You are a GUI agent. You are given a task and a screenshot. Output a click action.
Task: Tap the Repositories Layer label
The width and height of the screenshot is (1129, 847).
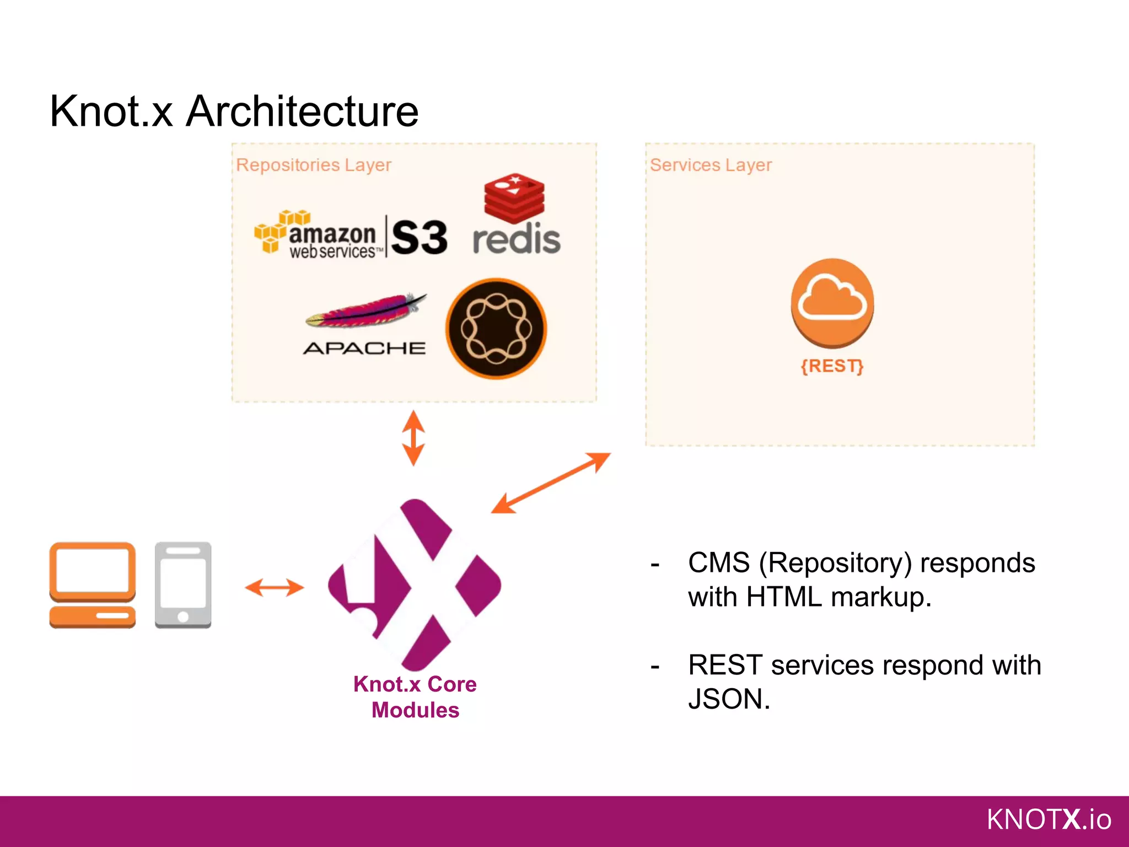pos(313,165)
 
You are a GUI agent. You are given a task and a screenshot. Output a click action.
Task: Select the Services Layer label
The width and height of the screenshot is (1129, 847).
pos(711,165)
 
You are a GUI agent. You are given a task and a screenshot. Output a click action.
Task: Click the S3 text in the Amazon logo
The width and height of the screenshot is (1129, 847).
pos(419,238)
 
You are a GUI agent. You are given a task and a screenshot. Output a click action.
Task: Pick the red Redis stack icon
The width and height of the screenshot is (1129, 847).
pos(514,198)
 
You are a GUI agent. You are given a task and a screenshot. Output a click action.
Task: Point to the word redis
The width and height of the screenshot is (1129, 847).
pos(517,240)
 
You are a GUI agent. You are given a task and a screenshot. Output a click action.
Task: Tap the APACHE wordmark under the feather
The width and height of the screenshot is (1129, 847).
pos(364,349)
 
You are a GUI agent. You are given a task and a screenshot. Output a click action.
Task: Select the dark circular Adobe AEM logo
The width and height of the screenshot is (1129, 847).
pos(496,329)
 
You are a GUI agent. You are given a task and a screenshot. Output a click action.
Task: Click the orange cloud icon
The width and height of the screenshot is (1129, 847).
pos(832,303)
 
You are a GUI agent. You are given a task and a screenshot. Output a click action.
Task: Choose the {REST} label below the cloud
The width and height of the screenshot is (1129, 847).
pos(832,366)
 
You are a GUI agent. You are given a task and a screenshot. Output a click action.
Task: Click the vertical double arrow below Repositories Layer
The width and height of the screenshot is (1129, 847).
pos(413,438)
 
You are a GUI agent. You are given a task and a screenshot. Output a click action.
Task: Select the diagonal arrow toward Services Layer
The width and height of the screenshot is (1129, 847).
pos(551,483)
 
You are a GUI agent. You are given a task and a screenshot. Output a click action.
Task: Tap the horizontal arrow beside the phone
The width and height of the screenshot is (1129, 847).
pos(275,587)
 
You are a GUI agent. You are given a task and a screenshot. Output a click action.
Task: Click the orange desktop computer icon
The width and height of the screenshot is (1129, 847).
pos(93,585)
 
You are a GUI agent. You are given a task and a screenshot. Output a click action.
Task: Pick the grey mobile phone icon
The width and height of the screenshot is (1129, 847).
pos(183,585)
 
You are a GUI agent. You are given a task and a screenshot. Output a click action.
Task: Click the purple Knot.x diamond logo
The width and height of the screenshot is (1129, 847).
pos(415,585)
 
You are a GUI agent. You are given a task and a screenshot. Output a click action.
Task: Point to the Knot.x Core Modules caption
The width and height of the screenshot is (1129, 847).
pos(415,697)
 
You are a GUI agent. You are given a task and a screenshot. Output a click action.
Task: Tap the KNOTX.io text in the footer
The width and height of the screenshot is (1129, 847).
pos(1049,819)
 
